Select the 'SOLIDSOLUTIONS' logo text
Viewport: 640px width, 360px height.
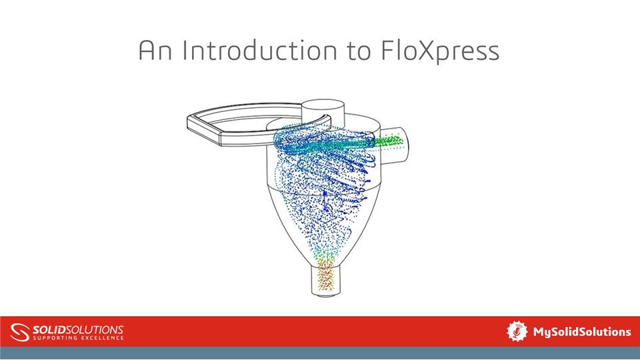(x=78, y=329)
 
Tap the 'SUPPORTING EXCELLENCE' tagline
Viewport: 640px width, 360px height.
(x=78, y=338)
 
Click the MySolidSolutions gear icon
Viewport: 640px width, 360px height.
(x=517, y=331)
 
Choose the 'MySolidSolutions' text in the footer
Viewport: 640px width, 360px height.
(x=581, y=331)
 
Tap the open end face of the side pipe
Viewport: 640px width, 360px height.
(x=407, y=141)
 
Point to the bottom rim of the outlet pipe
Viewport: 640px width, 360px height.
(x=325, y=293)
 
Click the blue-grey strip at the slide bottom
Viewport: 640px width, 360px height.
(x=320, y=353)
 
